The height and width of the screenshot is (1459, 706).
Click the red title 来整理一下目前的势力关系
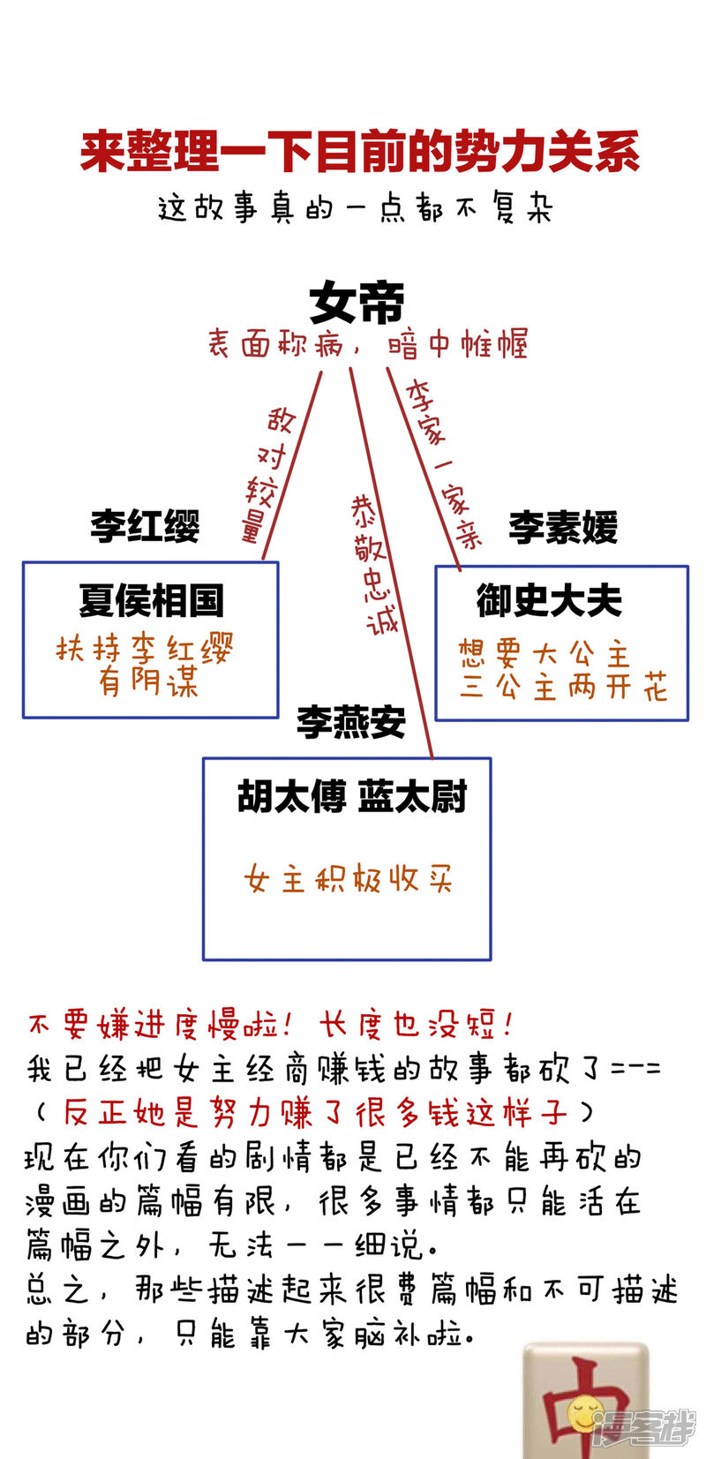click(359, 152)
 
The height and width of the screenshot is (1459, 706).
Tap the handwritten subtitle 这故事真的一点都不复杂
click(355, 208)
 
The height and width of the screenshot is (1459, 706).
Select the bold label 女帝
click(357, 303)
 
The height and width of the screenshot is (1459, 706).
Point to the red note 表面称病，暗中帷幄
click(367, 343)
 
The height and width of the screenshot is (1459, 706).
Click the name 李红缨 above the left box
click(145, 526)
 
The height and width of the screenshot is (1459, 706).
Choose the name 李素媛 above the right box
click(563, 527)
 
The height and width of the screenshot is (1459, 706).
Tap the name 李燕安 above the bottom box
click(350, 722)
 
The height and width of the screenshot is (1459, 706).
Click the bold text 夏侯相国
click(151, 600)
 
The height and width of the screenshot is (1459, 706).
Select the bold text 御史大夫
click(549, 600)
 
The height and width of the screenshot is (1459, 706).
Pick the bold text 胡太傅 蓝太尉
click(351, 796)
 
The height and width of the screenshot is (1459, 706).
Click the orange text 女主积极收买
click(348, 879)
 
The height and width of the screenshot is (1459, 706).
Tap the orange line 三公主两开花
click(562, 687)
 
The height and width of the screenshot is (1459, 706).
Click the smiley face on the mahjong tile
click(582, 1412)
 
